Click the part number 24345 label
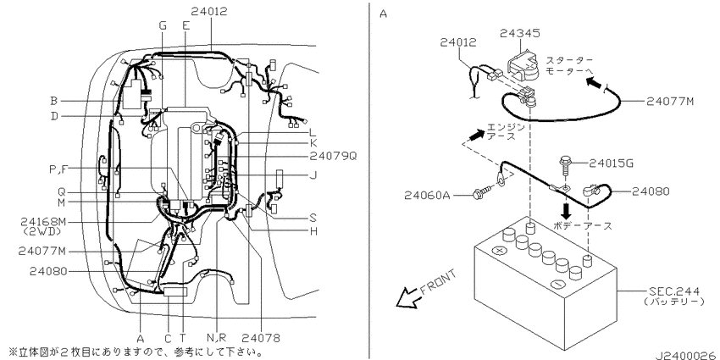(520, 33)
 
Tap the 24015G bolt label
(612, 163)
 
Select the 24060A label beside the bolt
(427, 196)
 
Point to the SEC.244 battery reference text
(674, 291)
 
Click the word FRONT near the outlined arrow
(439, 281)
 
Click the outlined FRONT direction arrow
(408, 297)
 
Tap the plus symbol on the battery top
(498, 252)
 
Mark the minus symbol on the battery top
(557, 285)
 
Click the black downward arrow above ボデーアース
(567, 209)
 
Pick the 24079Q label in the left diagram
(333, 156)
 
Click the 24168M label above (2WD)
(43, 222)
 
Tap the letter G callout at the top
(163, 25)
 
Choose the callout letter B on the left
(54, 101)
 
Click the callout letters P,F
(58, 169)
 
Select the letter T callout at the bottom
(183, 339)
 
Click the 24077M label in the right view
(670, 101)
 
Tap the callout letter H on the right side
(314, 231)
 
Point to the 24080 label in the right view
(651, 191)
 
